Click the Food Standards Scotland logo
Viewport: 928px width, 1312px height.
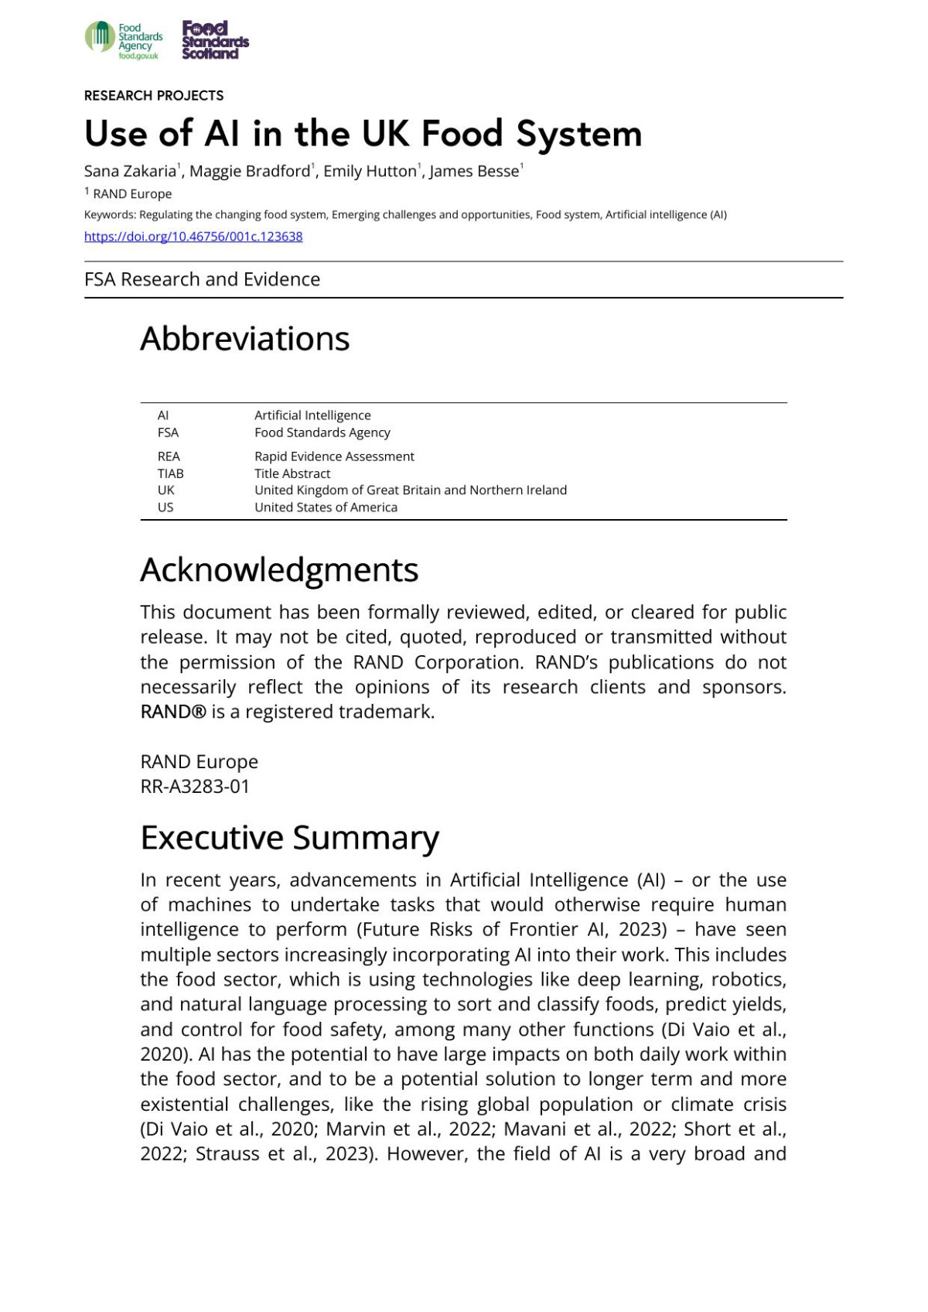[215, 40]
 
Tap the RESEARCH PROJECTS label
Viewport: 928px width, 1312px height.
[154, 96]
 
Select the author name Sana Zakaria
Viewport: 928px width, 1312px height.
[130, 172]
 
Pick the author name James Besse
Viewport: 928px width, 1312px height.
[473, 172]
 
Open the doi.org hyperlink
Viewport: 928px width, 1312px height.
[193, 237]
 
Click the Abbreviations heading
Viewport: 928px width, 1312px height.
[244, 339]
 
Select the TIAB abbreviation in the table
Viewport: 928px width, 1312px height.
[170, 473]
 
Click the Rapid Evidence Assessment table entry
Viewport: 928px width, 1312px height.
[334, 456]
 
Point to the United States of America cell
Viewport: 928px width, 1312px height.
[326, 507]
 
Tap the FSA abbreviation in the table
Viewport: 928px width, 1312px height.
[168, 432]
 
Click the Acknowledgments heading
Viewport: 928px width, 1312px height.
[279, 570]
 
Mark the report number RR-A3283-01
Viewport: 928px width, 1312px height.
[195, 787]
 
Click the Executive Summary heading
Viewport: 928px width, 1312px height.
[289, 838]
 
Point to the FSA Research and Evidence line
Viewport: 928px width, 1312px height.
[202, 279]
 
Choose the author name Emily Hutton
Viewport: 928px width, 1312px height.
[370, 172]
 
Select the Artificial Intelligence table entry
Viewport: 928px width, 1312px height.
[312, 415]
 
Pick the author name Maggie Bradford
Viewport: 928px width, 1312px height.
[249, 172]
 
